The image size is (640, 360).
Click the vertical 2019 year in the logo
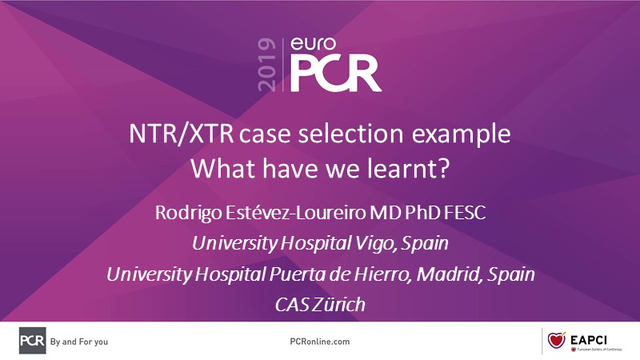(266, 65)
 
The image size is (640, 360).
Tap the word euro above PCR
(314, 44)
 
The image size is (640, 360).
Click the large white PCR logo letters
(336, 74)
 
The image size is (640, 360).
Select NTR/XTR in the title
(182, 134)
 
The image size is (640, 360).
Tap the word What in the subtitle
(223, 168)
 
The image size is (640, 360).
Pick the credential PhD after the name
(423, 213)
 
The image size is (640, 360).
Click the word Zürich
(340, 305)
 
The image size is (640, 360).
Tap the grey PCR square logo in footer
(33, 341)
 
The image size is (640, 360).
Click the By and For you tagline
(79, 342)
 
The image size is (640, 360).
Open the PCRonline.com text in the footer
(320, 342)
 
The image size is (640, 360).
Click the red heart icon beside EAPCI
(556, 340)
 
